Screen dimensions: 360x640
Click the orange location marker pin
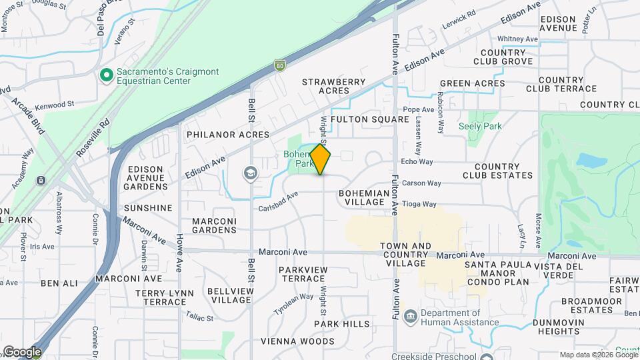[x=321, y=159]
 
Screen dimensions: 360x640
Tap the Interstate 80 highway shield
[x=280, y=65]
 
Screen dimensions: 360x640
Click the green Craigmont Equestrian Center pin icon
[x=105, y=75]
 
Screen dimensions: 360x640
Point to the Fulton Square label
[x=369, y=119]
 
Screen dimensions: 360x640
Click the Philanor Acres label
[x=227, y=135]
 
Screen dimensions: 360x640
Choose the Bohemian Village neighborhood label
[x=362, y=197]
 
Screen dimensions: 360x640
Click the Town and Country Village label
[x=405, y=255]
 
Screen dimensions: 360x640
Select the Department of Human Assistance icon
[x=410, y=315]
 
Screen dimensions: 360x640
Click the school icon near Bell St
[x=250, y=174]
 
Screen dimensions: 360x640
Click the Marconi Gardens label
[x=214, y=225]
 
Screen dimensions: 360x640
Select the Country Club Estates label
[x=503, y=171]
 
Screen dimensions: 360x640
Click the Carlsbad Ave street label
[x=278, y=204]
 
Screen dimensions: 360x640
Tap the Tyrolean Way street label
[x=293, y=305]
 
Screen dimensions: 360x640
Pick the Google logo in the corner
[x=21, y=352]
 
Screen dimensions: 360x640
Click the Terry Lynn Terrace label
[x=164, y=297]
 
